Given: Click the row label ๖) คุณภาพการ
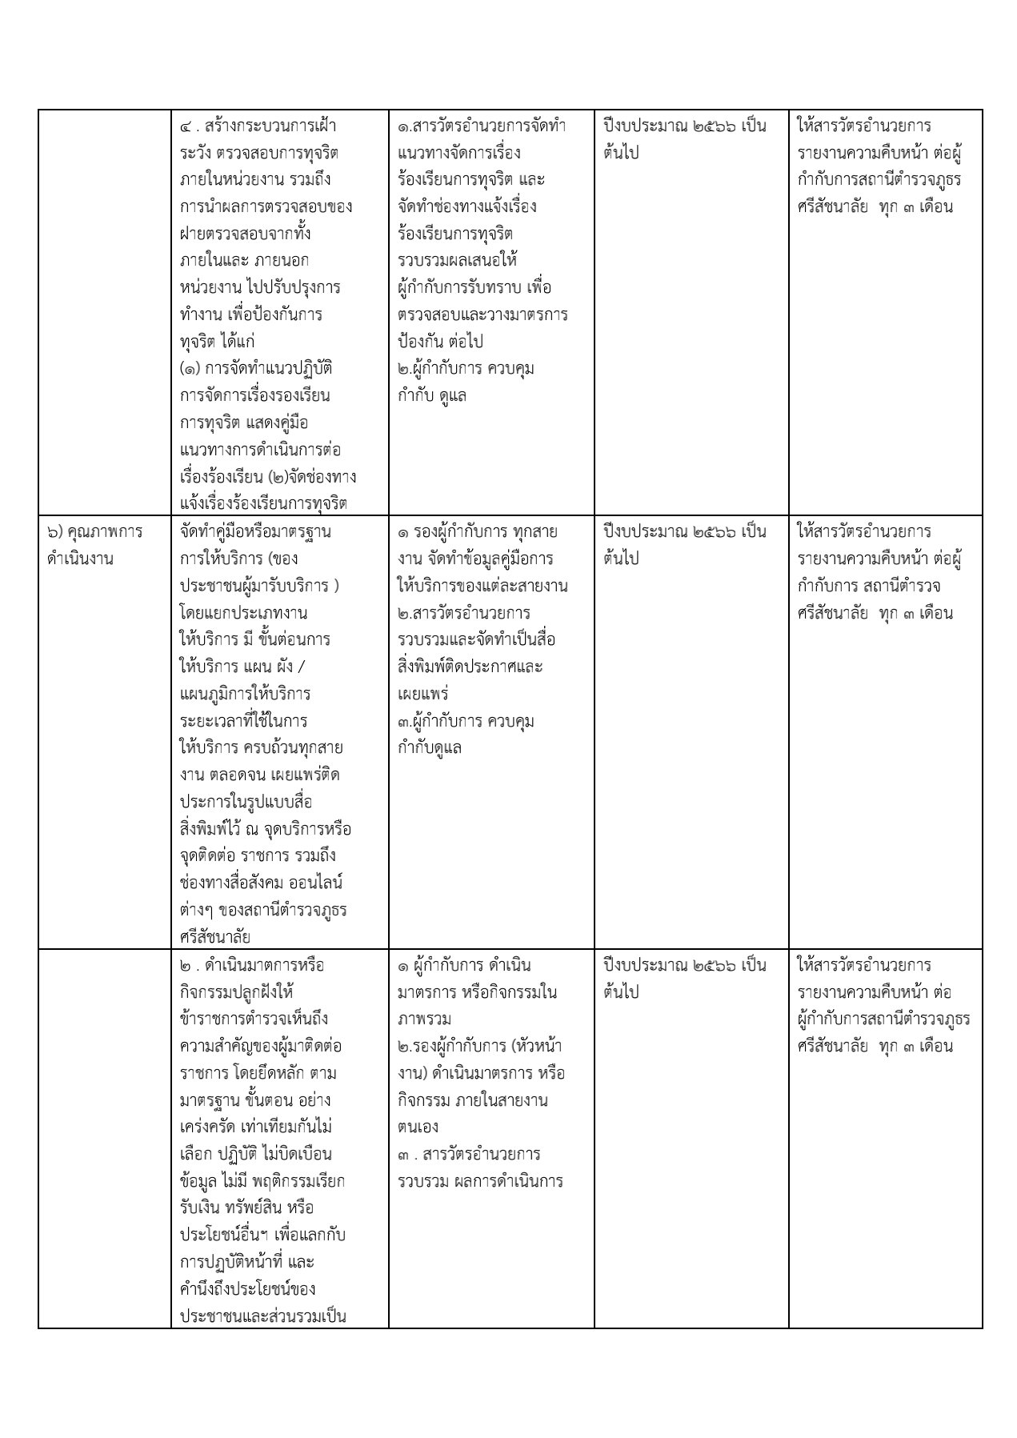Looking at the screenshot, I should point(94,532).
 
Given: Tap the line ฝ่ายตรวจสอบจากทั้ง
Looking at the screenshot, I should point(246,234).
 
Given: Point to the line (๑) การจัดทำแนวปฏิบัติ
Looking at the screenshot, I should point(256,369).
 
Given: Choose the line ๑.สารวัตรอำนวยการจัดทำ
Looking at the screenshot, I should point(482,126).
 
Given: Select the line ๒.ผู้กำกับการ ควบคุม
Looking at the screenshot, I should point(466,369).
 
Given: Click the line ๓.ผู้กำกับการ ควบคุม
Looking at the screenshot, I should point(466,721).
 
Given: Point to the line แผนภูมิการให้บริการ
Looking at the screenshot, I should point(246,694).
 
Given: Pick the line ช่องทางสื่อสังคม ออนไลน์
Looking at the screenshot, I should point(262,883).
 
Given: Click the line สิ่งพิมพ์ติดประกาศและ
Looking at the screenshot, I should point(470,667).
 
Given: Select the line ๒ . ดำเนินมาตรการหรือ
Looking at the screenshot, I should point(252,966).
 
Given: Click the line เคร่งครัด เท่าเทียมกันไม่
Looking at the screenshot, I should point(256,1128).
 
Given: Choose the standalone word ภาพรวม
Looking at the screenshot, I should point(425,1019).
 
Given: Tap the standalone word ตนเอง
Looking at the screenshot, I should point(418,1128).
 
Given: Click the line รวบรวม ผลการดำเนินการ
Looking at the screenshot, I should point(480,1181).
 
